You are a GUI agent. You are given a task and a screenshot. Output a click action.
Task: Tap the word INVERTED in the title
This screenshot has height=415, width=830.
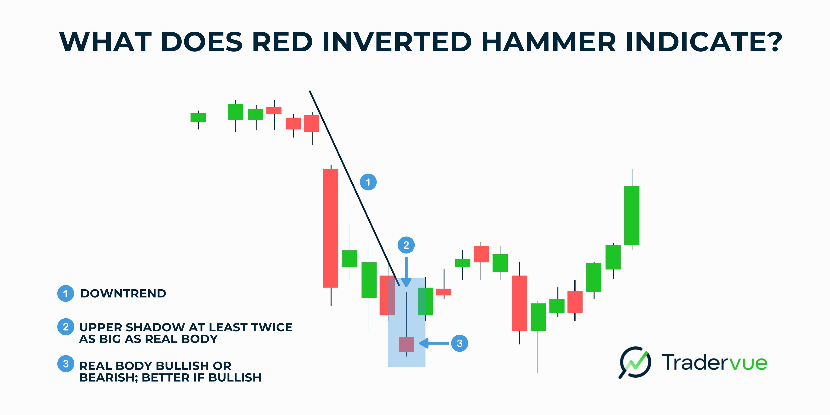pyautogui.click(x=397, y=42)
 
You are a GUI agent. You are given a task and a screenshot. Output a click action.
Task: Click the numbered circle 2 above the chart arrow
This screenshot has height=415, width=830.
pyautogui.click(x=406, y=245)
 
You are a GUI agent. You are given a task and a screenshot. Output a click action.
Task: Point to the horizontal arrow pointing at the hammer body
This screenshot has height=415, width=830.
pyautogui.click(x=434, y=343)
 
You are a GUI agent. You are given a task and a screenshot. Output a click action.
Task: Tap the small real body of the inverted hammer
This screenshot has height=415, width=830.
pyautogui.click(x=406, y=344)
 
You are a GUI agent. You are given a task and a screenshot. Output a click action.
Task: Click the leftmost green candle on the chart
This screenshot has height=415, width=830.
pyautogui.click(x=198, y=118)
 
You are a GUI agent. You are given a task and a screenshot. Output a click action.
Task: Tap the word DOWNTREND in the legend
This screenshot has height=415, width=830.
pyautogui.click(x=123, y=294)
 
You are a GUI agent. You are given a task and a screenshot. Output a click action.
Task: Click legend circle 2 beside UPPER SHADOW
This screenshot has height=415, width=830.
pyautogui.click(x=66, y=327)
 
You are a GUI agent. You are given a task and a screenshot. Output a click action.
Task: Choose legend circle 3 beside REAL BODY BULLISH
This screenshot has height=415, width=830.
pyautogui.click(x=66, y=364)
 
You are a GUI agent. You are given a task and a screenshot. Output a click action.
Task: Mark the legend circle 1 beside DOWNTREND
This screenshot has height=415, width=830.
pyautogui.click(x=66, y=294)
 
